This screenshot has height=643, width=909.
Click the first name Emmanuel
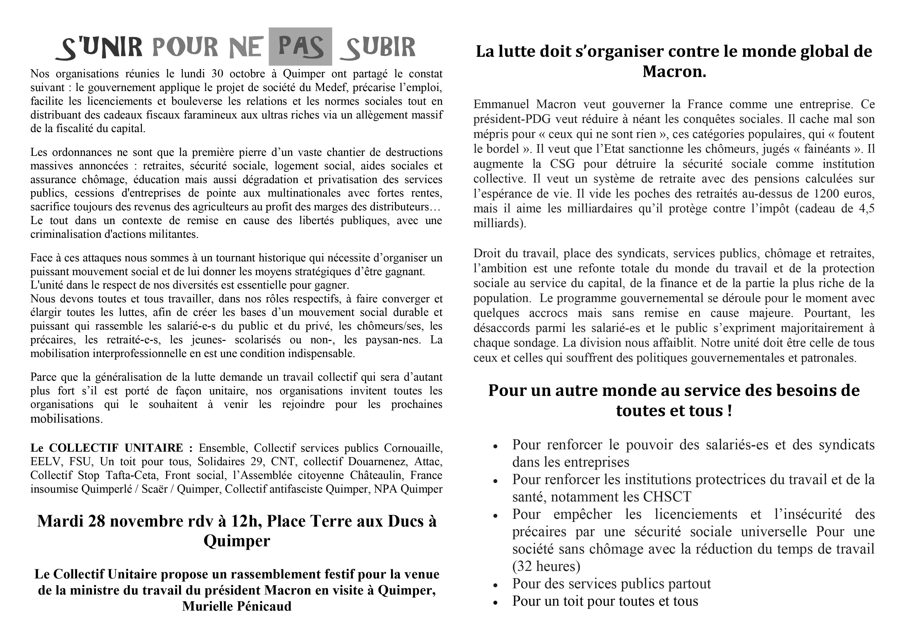click(501, 104)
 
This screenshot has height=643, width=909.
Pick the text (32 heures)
click(546, 566)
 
